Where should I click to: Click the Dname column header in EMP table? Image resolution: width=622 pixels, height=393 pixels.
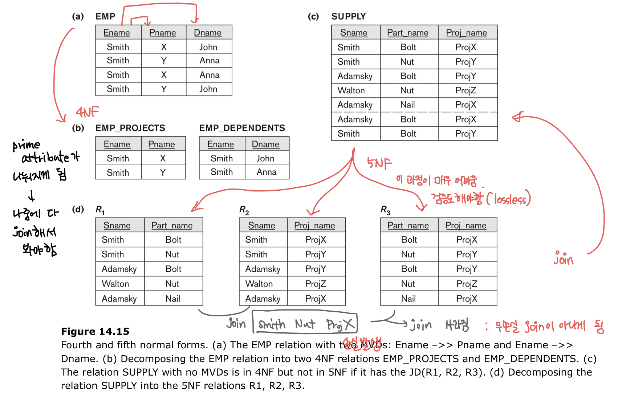click(208, 33)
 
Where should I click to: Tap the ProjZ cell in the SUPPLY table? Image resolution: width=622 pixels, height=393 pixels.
click(466, 90)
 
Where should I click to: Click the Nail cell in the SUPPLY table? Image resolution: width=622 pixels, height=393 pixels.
click(407, 105)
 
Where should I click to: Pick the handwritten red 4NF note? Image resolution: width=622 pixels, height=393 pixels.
click(87, 112)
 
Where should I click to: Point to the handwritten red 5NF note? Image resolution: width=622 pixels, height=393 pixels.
click(379, 163)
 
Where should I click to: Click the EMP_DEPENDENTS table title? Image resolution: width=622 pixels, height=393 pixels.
click(242, 128)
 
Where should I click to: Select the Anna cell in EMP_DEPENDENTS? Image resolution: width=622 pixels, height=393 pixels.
click(267, 172)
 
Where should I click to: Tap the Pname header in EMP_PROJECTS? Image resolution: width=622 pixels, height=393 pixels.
click(162, 144)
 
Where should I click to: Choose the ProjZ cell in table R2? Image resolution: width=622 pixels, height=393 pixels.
click(316, 284)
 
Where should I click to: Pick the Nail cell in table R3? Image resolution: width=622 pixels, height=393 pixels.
click(408, 299)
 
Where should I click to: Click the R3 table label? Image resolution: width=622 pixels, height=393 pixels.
click(385, 210)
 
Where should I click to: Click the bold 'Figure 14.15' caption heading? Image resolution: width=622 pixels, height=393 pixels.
click(95, 331)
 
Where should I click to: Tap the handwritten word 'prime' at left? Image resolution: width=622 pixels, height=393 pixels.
click(26, 145)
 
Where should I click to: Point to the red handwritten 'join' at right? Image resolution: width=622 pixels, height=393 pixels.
click(563, 259)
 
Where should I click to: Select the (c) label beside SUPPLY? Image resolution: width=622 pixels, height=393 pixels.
click(313, 16)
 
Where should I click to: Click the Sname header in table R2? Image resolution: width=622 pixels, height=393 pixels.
click(261, 226)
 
